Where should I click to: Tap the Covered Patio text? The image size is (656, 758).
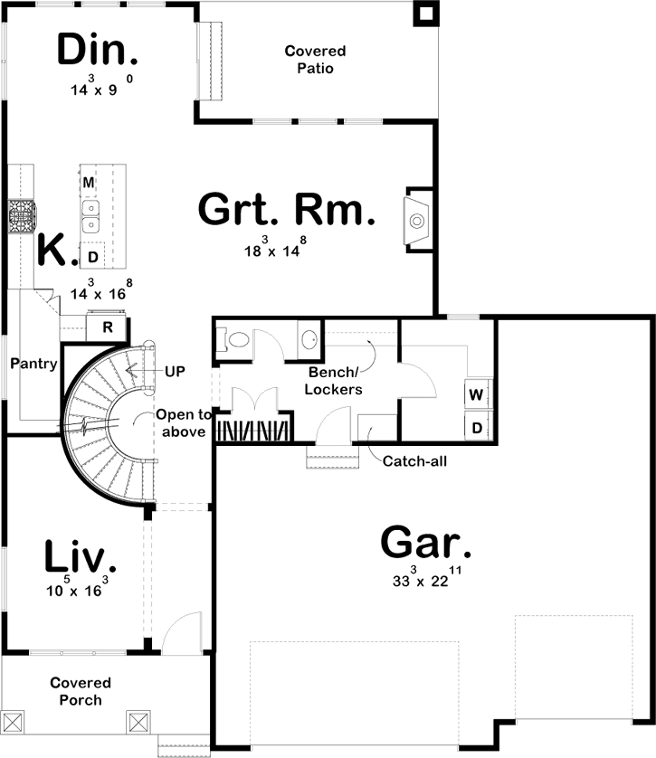click(x=315, y=60)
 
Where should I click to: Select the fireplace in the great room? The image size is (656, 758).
click(x=417, y=220)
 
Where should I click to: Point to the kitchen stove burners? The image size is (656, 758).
click(x=21, y=215)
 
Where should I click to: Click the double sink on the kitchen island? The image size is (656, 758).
click(x=90, y=215)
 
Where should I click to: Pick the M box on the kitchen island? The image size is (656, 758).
click(x=89, y=183)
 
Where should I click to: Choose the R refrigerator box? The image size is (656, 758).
click(x=107, y=327)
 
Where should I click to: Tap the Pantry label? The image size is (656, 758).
click(x=34, y=365)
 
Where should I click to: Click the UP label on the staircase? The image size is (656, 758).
click(x=176, y=372)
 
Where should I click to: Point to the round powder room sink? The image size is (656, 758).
click(x=309, y=341)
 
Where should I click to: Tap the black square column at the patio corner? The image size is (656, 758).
click(x=424, y=13)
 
